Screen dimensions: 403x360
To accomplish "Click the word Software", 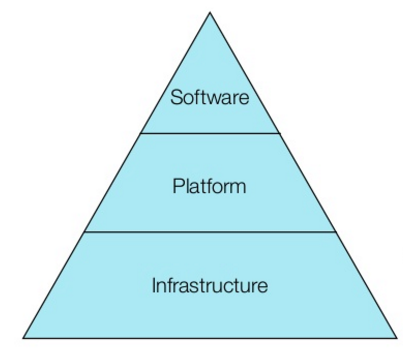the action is (x=210, y=98).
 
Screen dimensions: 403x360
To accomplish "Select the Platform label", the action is (x=209, y=186).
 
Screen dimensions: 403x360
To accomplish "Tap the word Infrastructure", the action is (x=209, y=286).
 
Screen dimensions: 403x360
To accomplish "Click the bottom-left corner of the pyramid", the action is (x=23, y=338).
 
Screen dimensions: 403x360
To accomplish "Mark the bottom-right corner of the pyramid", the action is (x=397, y=338).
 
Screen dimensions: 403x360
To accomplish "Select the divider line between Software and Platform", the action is (x=210, y=133).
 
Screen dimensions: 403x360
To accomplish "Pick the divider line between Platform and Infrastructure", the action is (x=210, y=231).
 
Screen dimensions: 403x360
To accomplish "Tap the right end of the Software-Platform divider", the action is (x=280, y=133).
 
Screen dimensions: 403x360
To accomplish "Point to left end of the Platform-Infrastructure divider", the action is (x=84, y=231).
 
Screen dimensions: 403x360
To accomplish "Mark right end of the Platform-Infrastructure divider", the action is (x=336, y=231).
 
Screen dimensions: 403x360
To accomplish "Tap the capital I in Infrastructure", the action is (x=153, y=286).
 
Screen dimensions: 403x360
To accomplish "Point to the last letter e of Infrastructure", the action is (x=263, y=288).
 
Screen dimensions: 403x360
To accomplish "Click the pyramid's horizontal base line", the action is (x=210, y=338).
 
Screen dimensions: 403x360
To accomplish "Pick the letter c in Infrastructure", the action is (x=231, y=288).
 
